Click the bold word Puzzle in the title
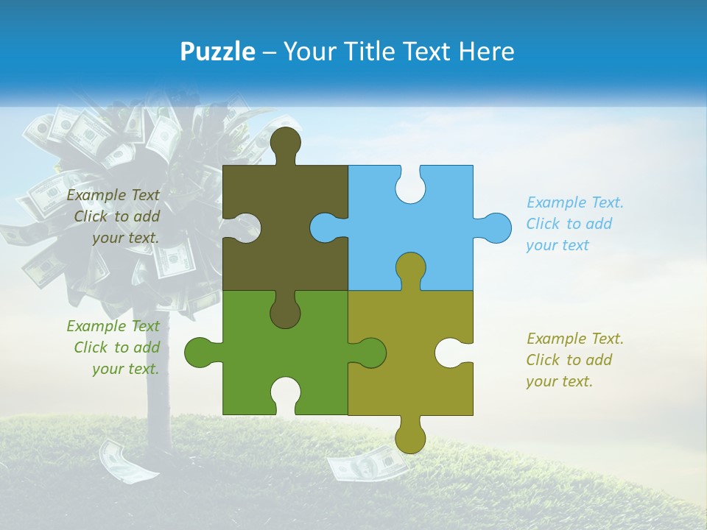tap(217, 52)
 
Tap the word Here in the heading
tap(485, 52)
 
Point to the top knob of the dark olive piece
tap(285, 142)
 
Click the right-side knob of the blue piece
tap(494, 227)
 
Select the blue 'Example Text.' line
tap(574, 202)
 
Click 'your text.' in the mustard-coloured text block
tap(559, 381)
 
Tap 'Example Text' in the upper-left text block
tap(113, 195)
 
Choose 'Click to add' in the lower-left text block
tap(116, 347)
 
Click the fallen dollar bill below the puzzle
tap(367, 463)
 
